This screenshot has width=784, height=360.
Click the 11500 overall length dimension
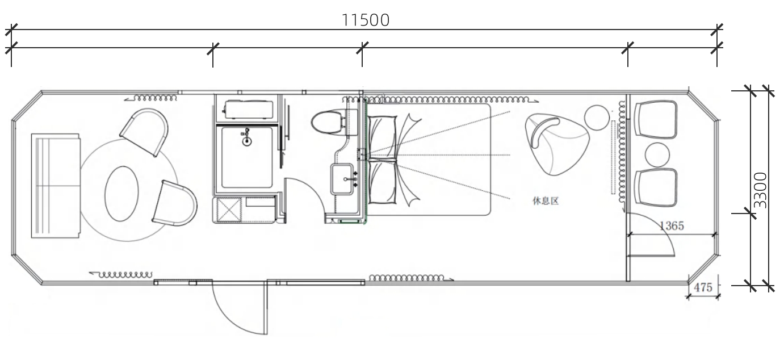[x=366, y=20]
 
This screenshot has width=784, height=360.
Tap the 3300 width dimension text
[x=760, y=190]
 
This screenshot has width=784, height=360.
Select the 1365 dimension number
[x=672, y=225]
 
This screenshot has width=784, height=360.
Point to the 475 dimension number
[x=703, y=287]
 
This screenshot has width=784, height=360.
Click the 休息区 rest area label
[x=546, y=200]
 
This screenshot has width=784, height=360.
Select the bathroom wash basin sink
[x=342, y=179]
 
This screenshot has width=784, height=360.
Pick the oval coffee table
[x=122, y=194]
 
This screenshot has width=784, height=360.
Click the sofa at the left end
[x=56, y=186]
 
